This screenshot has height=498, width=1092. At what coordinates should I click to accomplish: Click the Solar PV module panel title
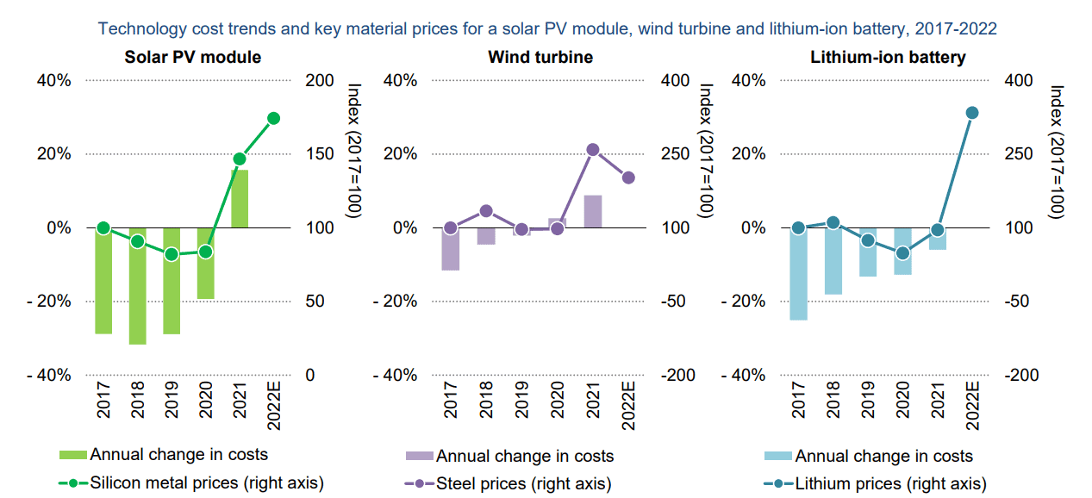pos(192,58)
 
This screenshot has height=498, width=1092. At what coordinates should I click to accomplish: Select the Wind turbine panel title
pos(540,58)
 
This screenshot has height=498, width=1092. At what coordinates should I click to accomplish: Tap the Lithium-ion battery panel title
pos(888,58)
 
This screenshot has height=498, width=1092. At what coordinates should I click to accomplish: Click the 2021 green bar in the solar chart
pos(240,199)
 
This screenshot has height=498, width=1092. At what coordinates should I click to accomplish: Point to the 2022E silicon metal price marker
pos(274,118)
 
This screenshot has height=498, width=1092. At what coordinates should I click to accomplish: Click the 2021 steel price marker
pos(592,150)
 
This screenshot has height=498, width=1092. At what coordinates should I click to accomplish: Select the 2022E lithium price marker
pos(972,113)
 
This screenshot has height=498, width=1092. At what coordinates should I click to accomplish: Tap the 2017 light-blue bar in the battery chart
pos(798,274)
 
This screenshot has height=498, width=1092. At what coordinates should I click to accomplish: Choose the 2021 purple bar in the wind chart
pos(592,212)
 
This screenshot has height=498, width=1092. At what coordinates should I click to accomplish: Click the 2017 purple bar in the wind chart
pos(450,249)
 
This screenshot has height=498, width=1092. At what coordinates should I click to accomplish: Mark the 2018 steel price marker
pos(485,211)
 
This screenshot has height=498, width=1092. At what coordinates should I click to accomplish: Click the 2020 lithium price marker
pos(902,253)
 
